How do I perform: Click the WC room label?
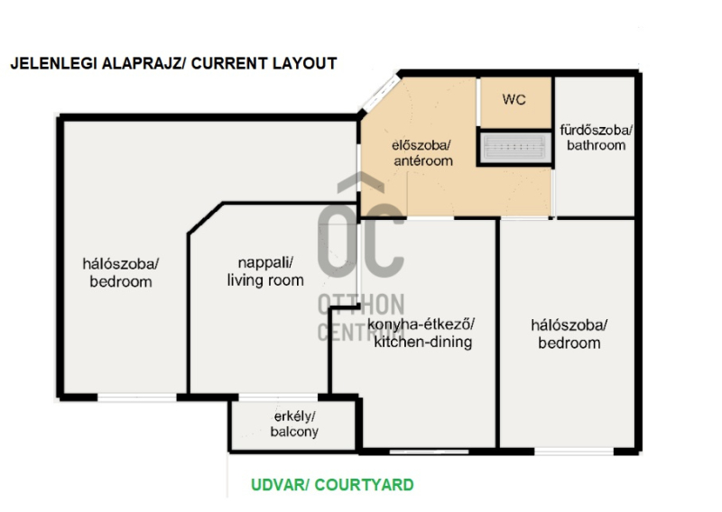(x=514, y=99)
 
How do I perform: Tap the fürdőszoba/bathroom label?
(x=596, y=138)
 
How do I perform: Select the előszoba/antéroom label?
(x=422, y=152)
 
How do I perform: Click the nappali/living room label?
(x=265, y=271)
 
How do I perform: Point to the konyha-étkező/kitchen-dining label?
(x=422, y=333)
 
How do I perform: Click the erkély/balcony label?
(x=294, y=424)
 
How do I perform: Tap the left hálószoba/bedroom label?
(x=121, y=272)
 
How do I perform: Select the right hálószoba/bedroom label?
(x=569, y=334)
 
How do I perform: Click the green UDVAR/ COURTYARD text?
(x=332, y=485)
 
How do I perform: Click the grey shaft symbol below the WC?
(x=515, y=147)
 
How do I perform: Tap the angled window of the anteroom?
(x=381, y=94)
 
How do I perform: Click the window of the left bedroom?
(x=137, y=397)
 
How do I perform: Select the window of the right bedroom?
(x=574, y=452)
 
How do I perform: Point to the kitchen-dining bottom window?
(x=429, y=452)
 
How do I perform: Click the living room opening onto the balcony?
(x=278, y=397)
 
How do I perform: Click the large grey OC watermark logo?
(x=361, y=225)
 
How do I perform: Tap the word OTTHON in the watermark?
(x=361, y=305)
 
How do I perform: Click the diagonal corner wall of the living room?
(x=206, y=218)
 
